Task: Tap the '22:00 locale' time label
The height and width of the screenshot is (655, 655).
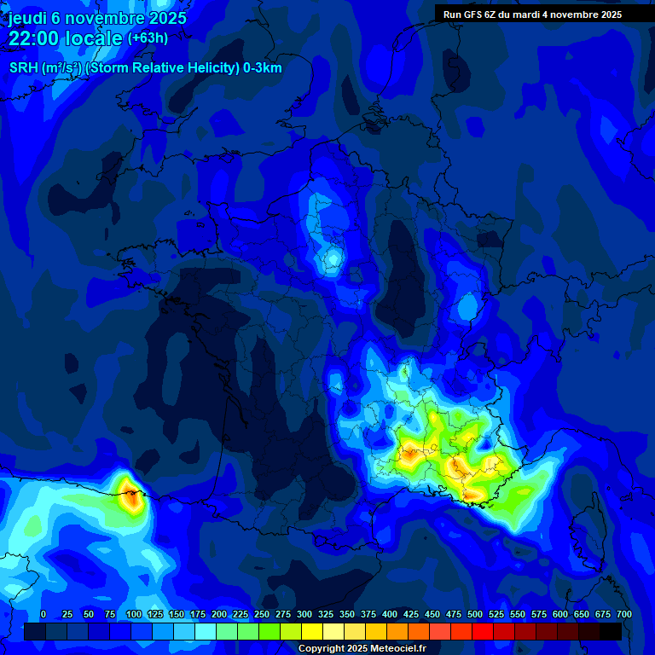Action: [x=66, y=38]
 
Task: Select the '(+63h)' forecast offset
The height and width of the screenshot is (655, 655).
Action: [x=148, y=38]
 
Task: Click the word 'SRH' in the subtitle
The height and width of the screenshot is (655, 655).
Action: [x=23, y=68]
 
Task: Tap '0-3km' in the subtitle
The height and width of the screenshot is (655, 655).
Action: [x=263, y=68]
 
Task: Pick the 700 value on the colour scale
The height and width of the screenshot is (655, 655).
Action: [x=624, y=614]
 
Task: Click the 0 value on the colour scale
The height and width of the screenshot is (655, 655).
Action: [x=43, y=614]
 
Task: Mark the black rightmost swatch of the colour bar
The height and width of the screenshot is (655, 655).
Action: [x=611, y=631]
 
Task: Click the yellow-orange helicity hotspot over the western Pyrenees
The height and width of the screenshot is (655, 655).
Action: [x=130, y=494]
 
